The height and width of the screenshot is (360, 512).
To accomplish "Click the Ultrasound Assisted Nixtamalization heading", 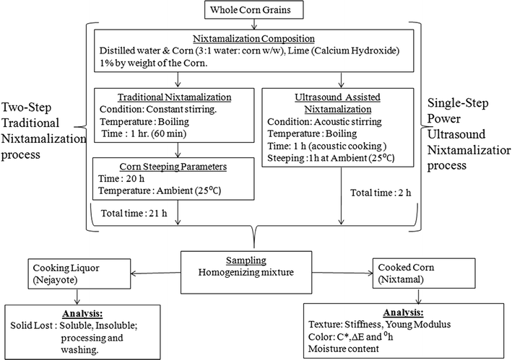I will click(x=342, y=99).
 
